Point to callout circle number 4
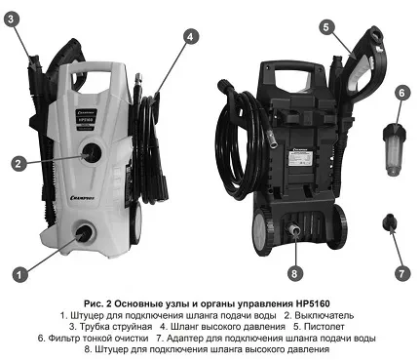(x=191, y=36)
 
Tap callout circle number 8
(x=296, y=272)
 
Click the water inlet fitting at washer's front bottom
(x=83, y=232)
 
